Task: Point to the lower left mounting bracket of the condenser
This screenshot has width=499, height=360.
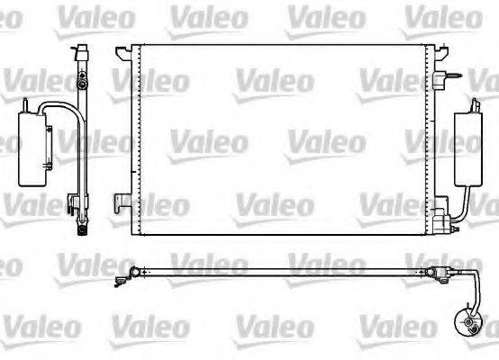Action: point(121,199)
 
